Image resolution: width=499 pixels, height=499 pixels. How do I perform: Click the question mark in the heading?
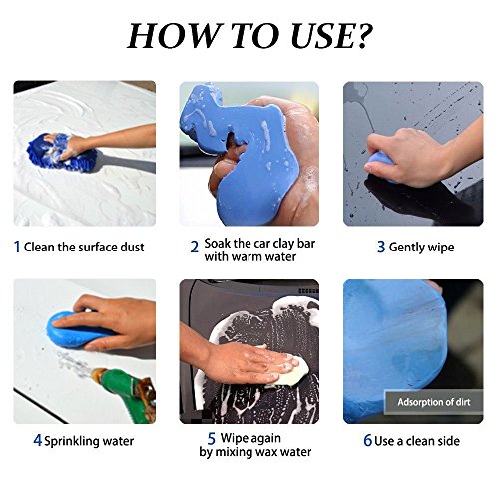pos(360,36)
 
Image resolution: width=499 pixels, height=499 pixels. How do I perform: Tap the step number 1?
pos(17,247)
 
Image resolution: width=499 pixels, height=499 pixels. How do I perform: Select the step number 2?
pos(195,248)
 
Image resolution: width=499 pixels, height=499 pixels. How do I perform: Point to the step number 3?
pos(381,248)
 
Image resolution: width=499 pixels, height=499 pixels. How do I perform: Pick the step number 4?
pos(38,441)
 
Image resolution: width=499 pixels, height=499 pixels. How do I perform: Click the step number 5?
pos(212,439)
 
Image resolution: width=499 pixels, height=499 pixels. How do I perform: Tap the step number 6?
pos(367,441)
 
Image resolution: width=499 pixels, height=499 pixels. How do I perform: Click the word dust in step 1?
pos(131,248)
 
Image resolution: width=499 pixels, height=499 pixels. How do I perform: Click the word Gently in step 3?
pos(406,249)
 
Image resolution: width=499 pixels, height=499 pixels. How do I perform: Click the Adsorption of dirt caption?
pos(434,402)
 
